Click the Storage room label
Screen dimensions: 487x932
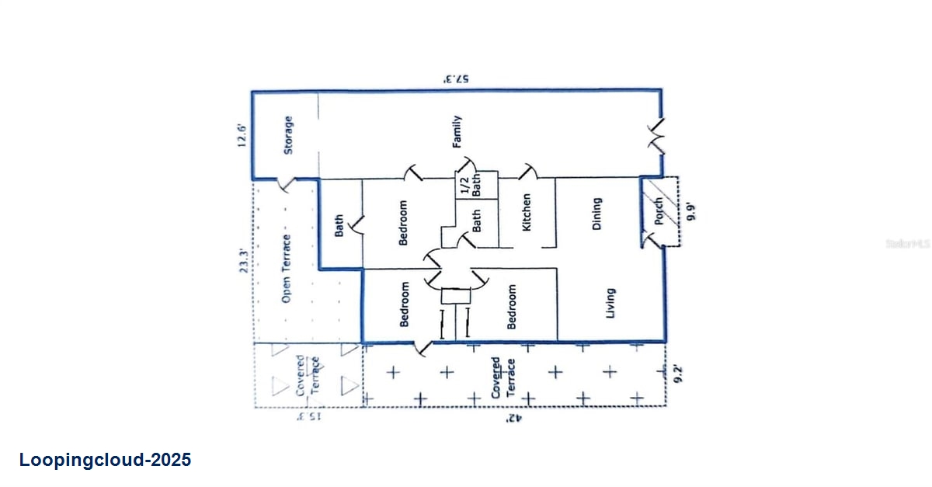point(288,135)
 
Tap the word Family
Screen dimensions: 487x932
point(457,132)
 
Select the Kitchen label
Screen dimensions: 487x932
point(527,213)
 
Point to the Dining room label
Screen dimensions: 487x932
point(597,213)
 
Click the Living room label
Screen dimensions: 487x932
point(610,303)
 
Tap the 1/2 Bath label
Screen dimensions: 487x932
point(470,186)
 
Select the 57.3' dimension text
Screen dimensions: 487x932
point(457,79)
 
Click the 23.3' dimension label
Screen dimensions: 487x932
point(243,256)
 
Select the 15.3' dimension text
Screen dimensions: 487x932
point(308,418)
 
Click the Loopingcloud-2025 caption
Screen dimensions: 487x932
point(105,460)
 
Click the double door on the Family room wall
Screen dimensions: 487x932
point(659,137)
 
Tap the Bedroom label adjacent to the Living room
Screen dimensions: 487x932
point(511,307)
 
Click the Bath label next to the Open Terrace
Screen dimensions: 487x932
point(339,225)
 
